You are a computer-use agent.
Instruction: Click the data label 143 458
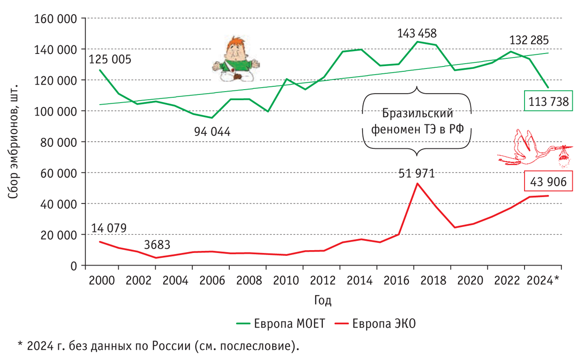click(417, 34)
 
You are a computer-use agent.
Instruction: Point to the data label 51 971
click(417, 173)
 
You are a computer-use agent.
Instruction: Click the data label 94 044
click(212, 131)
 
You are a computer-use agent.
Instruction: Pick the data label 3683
click(157, 245)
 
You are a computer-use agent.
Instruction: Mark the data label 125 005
click(110, 59)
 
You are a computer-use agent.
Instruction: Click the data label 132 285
click(529, 40)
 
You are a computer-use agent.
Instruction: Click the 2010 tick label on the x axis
click(285, 280)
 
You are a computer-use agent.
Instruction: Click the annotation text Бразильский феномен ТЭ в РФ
click(417, 121)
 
